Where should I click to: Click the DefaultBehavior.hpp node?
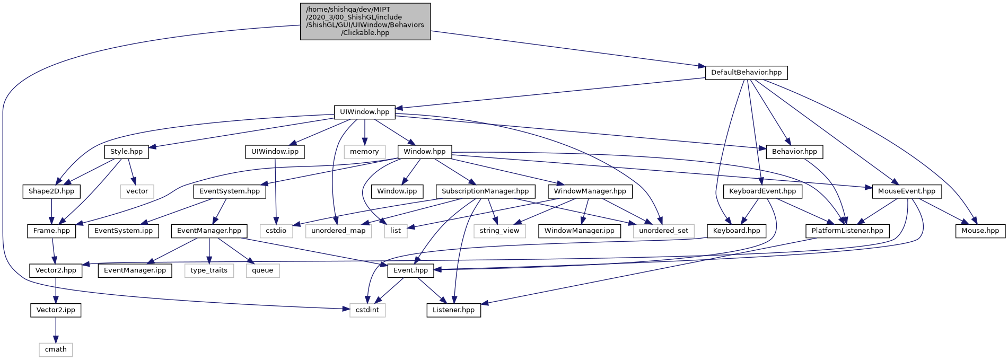[x=746, y=73]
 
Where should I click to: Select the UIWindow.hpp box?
[x=364, y=112]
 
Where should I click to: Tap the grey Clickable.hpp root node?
[x=365, y=21]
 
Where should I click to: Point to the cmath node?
[x=56, y=349]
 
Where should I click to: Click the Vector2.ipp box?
[x=56, y=310]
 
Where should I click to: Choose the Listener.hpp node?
[x=453, y=310]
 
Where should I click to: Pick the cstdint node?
[x=367, y=310]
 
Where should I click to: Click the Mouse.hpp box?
[x=980, y=231]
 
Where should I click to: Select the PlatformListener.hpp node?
[x=847, y=231]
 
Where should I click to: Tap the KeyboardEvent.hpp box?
[x=762, y=191]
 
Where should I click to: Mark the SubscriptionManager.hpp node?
[x=485, y=191]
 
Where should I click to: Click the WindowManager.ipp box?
[x=579, y=231]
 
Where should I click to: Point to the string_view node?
[x=499, y=231]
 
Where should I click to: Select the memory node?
[x=364, y=152]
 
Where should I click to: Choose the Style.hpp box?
[x=126, y=152]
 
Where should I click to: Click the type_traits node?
[x=209, y=270]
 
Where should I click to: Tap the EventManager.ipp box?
[x=135, y=270]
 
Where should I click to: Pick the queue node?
[x=262, y=270]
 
